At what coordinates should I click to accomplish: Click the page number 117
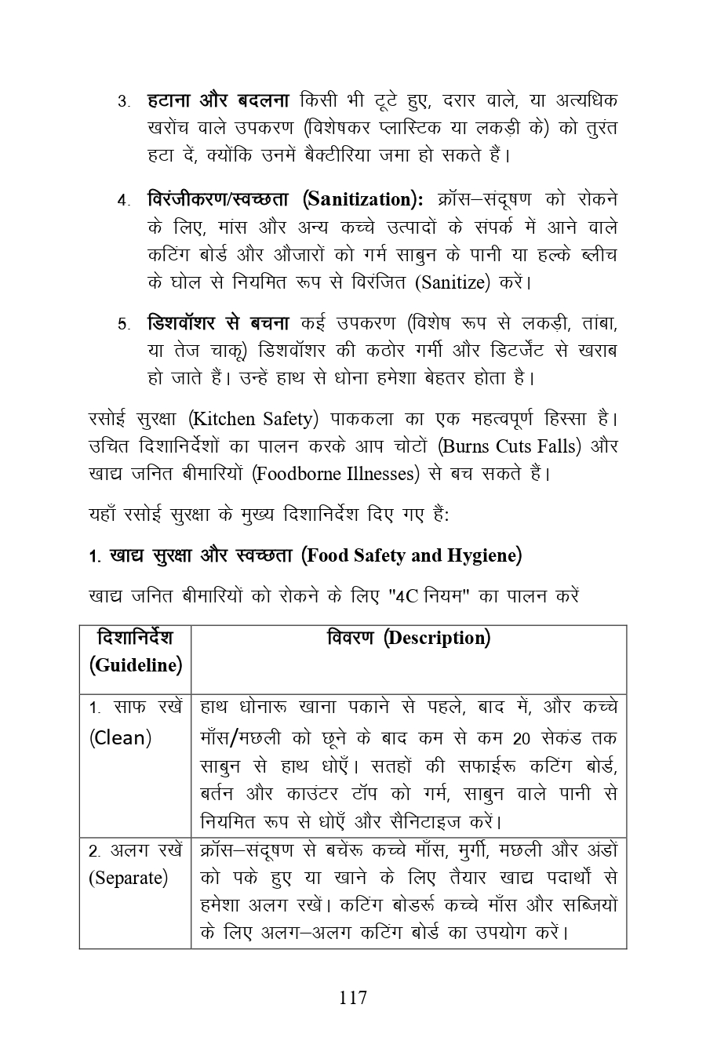click(x=353, y=997)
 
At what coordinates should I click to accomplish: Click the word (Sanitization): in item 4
click(x=362, y=199)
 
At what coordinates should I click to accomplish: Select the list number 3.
click(x=123, y=102)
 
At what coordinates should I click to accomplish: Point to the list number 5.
click(x=123, y=324)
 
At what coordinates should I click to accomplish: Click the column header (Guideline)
click(x=135, y=665)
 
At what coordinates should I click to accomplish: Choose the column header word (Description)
click(x=437, y=638)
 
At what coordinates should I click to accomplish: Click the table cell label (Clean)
click(x=119, y=737)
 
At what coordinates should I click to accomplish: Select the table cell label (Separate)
click(x=128, y=877)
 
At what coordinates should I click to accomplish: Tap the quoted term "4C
click(x=406, y=595)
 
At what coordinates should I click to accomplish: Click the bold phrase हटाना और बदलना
click(x=217, y=101)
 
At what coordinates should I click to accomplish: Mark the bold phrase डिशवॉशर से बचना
click(x=217, y=323)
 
